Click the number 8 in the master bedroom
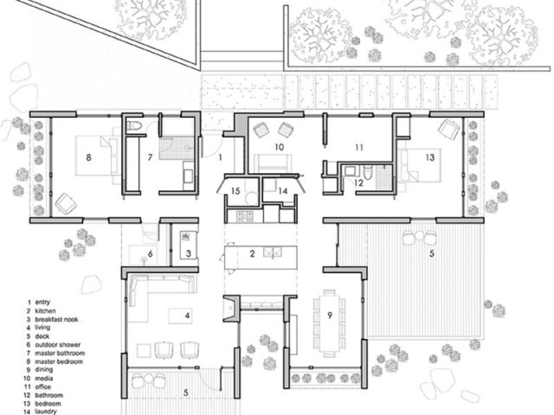[88, 157]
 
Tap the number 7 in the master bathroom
[149, 157]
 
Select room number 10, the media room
[280, 148]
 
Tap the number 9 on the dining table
[329, 314]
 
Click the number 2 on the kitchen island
[252, 253]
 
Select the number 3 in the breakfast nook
[188, 253]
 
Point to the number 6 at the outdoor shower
[149, 253]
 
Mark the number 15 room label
[235, 190]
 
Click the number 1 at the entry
[221, 158]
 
